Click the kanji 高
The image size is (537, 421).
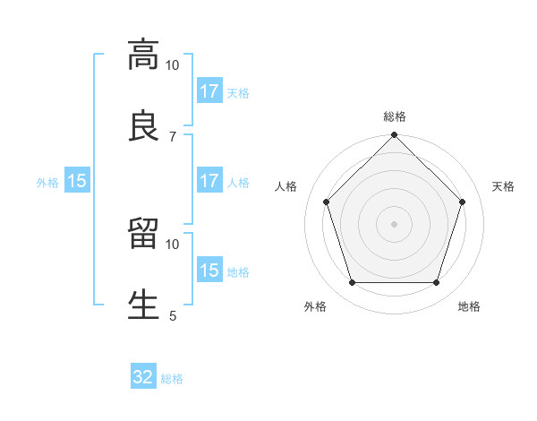143,55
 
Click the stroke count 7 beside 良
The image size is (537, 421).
173,136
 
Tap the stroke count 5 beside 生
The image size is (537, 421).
173,315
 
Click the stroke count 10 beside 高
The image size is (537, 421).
173,65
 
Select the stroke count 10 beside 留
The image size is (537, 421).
173,244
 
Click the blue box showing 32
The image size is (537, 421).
143,377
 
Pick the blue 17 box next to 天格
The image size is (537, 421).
209,91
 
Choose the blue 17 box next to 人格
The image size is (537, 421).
209,181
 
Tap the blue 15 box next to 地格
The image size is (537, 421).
209,271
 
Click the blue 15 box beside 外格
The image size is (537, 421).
77,181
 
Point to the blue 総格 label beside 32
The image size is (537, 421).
172,378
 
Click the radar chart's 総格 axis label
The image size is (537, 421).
395,117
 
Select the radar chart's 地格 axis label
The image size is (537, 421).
469,307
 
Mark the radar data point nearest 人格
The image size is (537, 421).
327,202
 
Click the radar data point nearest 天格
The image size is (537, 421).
462,202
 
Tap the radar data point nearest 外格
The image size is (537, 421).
352,282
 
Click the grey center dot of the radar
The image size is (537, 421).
394,223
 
